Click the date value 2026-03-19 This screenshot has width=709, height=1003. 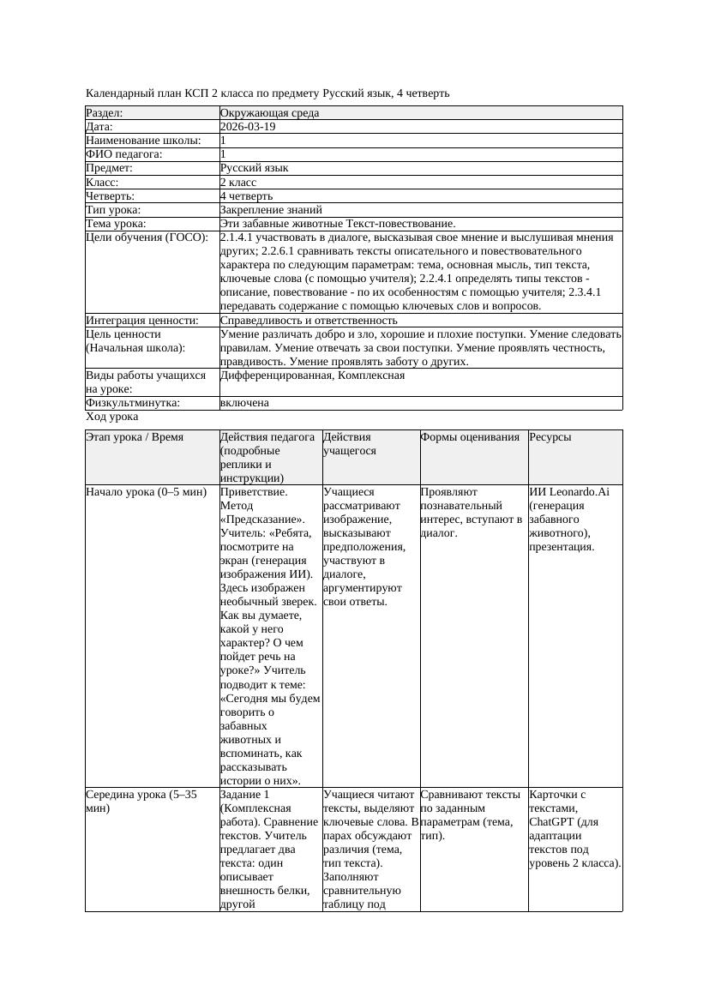248,127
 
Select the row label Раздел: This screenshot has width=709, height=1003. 105,113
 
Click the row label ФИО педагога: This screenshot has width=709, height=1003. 124,154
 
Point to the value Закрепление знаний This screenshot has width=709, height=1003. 271,209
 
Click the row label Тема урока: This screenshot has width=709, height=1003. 117,223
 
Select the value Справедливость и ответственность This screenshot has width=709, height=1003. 309,320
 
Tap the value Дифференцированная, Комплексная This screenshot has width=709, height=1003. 312,375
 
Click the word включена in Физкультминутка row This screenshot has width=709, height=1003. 244,403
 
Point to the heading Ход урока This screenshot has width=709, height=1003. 112,417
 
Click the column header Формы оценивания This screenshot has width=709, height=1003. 470,437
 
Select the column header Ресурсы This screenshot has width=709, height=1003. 550,437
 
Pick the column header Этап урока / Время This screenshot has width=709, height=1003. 135,437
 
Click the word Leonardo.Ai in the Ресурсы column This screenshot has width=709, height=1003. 585,492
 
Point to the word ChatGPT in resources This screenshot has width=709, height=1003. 552,821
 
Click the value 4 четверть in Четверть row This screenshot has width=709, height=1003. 246,195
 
